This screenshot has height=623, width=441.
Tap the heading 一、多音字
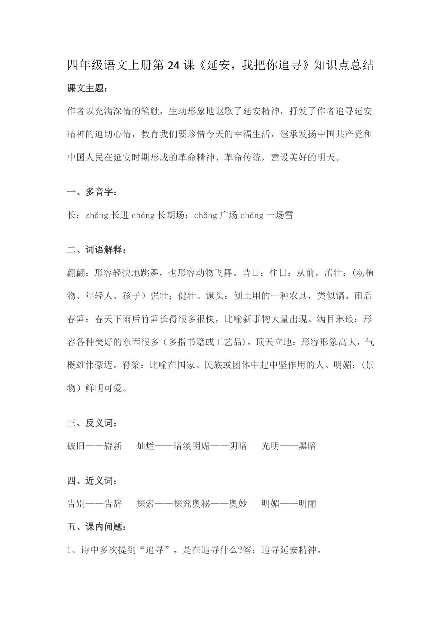tap(93, 192)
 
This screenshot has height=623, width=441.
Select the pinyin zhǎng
tap(97, 215)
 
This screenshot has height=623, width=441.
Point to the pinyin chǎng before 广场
tap(206, 215)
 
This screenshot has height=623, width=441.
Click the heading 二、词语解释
tap(97, 250)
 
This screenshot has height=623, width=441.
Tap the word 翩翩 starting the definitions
tap(76, 273)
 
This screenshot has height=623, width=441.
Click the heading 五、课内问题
tap(97, 527)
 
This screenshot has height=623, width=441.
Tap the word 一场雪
tap(279, 215)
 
